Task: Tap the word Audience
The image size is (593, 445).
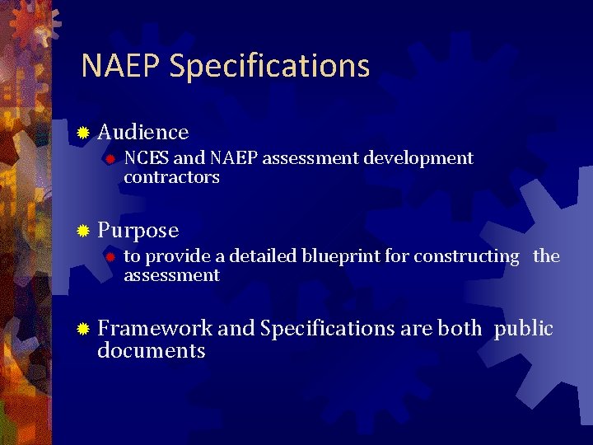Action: [x=143, y=132]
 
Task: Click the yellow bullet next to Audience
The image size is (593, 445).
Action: [x=82, y=133]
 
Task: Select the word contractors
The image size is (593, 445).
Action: [x=171, y=177]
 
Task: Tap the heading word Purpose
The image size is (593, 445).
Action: [x=138, y=231]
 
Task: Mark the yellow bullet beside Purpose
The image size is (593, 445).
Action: [x=82, y=231]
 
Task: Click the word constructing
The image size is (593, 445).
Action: [x=466, y=256]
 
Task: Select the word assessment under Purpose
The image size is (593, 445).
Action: [x=171, y=275]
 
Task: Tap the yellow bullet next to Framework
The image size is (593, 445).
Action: [x=82, y=329]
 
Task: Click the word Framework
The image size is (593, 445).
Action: [x=155, y=328]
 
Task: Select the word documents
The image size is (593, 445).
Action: [x=151, y=351]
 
